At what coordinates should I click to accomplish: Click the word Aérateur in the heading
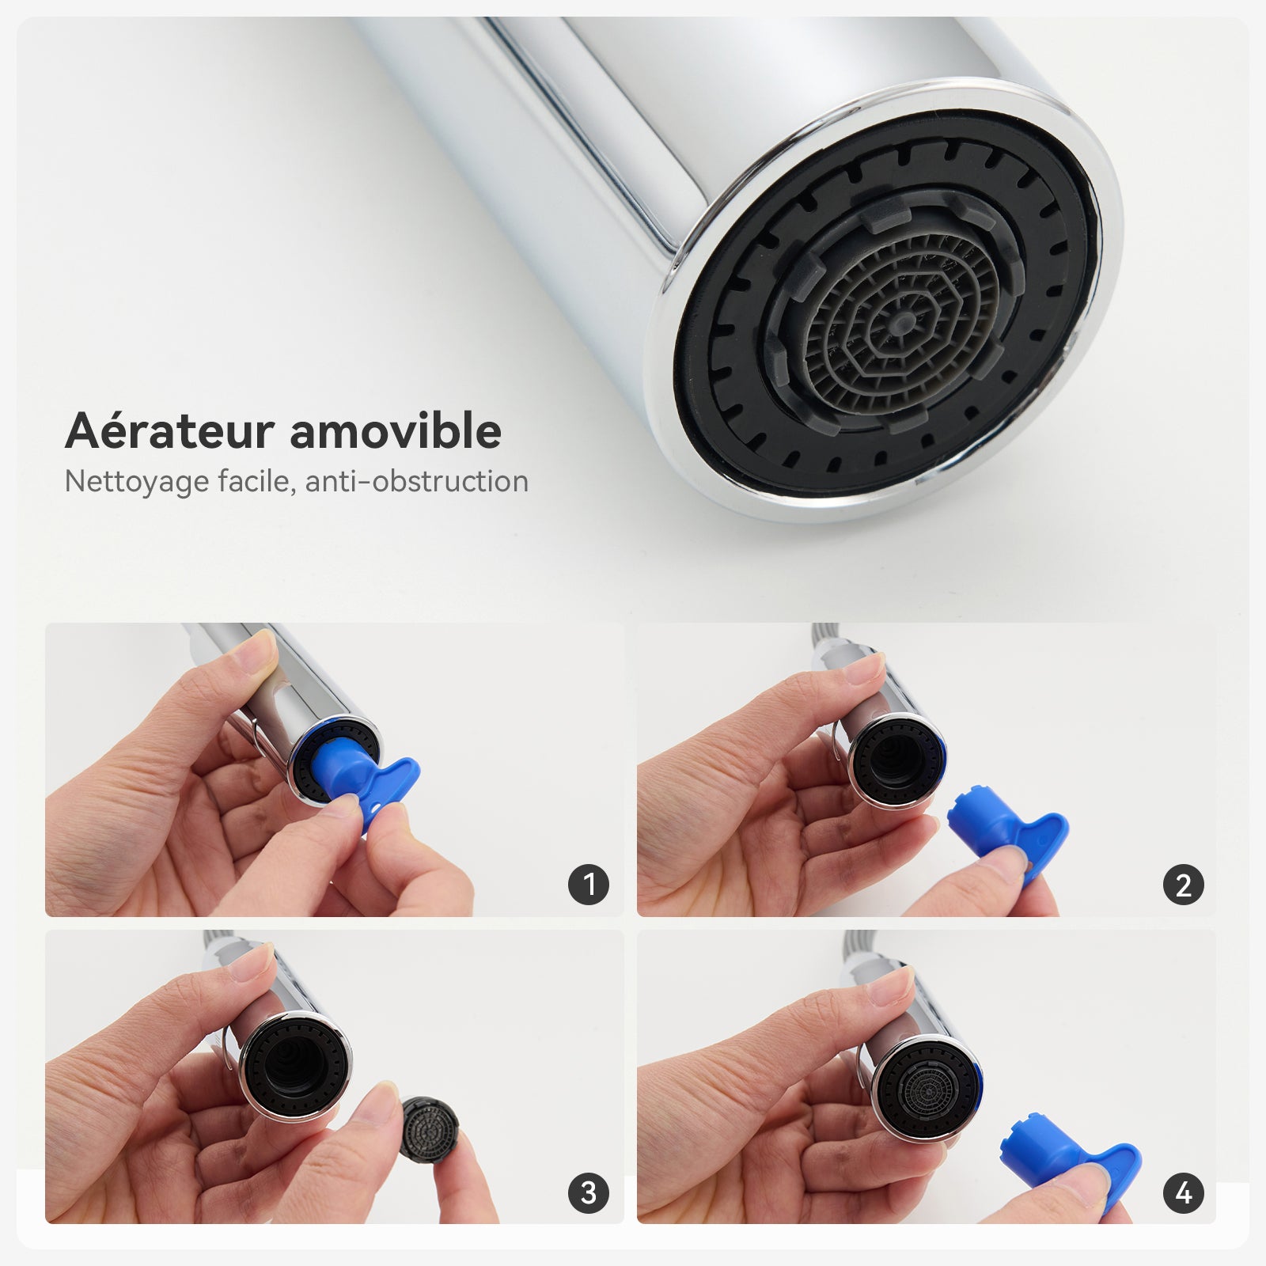tap(169, 432)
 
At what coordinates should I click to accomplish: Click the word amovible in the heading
tap(396, 432)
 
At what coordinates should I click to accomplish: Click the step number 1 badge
tap(588, 884)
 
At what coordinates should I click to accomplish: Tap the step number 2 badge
tap(1183, 885)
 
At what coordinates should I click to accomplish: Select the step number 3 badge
tap(588, 1192)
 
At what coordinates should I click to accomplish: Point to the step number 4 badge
tap(1183, 1192)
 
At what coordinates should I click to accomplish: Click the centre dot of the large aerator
tap(903, 320)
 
